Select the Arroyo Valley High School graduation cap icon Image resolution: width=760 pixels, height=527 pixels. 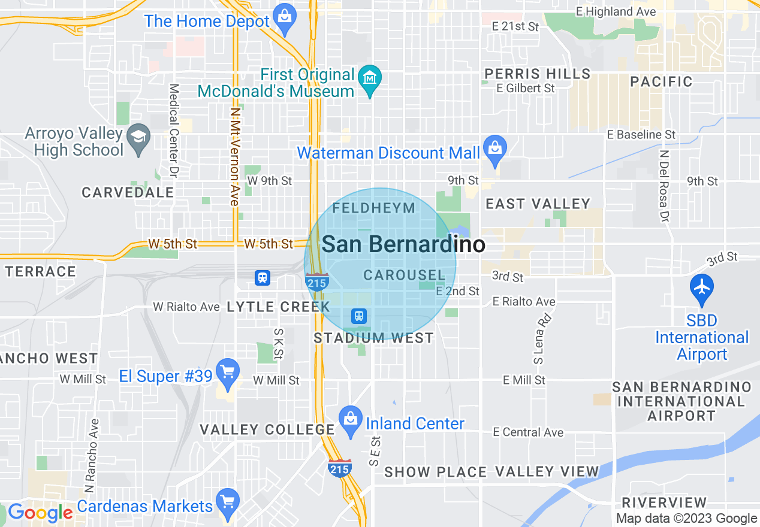(x=139, y=139)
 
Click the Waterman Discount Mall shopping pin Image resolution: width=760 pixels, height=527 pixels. (x=494, y=149)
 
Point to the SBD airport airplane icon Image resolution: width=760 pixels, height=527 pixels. (x=701, y=287)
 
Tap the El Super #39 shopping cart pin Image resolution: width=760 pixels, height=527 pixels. (x=227, y=373)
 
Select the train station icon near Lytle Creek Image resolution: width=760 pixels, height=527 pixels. (x=262, y=278)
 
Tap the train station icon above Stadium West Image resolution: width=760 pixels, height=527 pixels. (x=359, y=316)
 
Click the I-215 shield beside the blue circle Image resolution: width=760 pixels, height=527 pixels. (x=316, y=281)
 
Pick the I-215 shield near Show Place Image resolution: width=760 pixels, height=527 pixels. (x=339, y=468)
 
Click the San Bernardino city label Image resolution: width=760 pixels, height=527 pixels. (x=403, y=244)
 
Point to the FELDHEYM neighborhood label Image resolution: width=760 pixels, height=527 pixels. (x=373, y=208)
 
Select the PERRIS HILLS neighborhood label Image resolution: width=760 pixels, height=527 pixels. (x=537, y=74)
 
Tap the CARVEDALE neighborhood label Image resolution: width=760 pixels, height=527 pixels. (x=128, y=193)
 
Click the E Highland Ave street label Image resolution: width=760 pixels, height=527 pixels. (x=616, y=11)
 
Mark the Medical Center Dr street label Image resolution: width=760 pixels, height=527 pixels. (x=174, y=131)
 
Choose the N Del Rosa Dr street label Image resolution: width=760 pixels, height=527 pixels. (x=664, y=186)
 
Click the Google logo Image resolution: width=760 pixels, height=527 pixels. (x=40, y=513)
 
